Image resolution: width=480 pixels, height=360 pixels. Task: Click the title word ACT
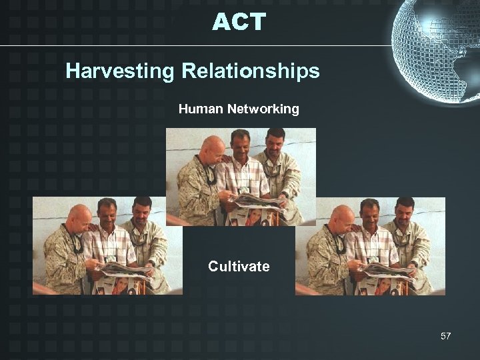point(239,22)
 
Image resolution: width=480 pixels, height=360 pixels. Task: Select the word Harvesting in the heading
point(119,71)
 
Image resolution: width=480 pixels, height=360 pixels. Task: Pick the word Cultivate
point(239,267)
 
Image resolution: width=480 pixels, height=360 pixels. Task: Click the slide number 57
point(445,336)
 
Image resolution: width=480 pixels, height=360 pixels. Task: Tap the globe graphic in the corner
point(437,47)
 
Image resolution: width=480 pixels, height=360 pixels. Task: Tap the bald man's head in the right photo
point(342,217)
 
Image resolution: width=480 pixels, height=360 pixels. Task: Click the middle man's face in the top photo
point(239,145)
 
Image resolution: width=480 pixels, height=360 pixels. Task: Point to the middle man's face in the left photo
point(107,213)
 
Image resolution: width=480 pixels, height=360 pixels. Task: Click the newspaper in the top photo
point(257,201)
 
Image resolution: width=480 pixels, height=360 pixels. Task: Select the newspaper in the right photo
point(387,269)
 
